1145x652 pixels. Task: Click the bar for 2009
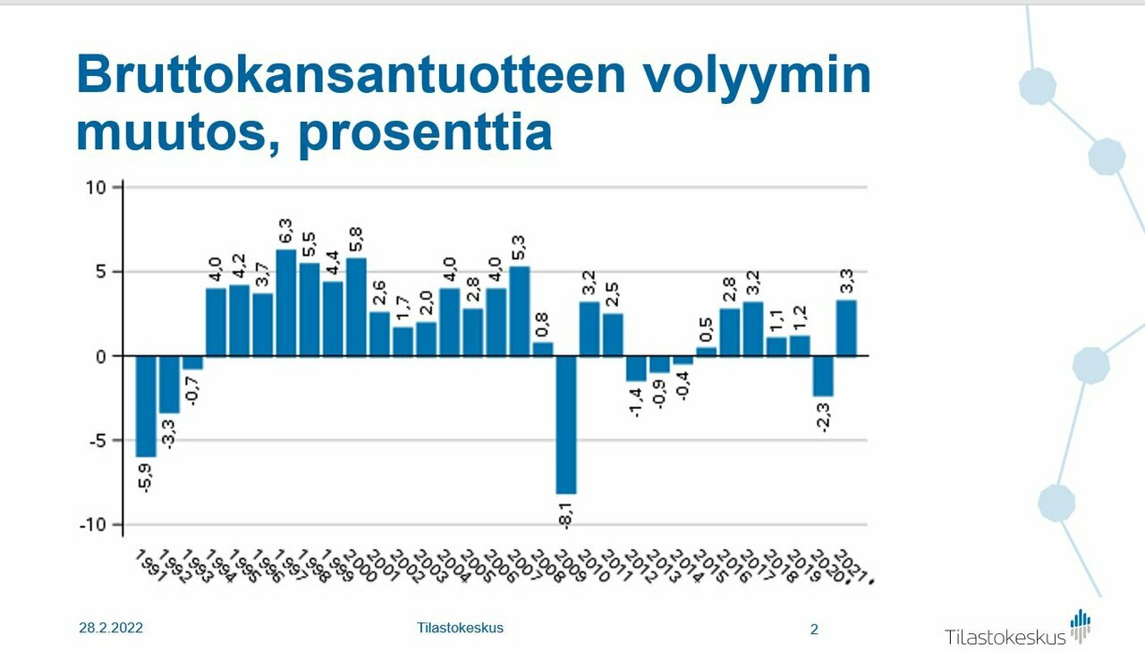point(566,424)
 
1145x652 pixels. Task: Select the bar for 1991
point(146,406)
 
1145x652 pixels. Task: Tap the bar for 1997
point(286,302)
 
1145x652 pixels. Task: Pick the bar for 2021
point(846,327)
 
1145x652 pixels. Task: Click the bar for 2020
point(823,376)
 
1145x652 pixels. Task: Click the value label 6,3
point(286,230)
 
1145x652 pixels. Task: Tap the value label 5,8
point(356,239)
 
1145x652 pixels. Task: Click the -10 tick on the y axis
point(93,525)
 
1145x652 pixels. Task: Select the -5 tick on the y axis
point(97,441)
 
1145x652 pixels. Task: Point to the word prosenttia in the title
point(425,132)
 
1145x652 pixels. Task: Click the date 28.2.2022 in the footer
point(111,628)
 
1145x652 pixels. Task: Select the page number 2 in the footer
point(814,630)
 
